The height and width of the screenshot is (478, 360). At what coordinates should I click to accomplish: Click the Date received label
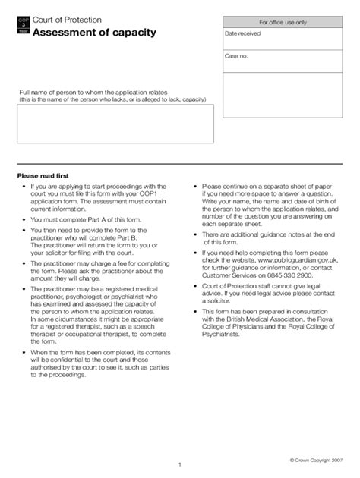tap(242, 34)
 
